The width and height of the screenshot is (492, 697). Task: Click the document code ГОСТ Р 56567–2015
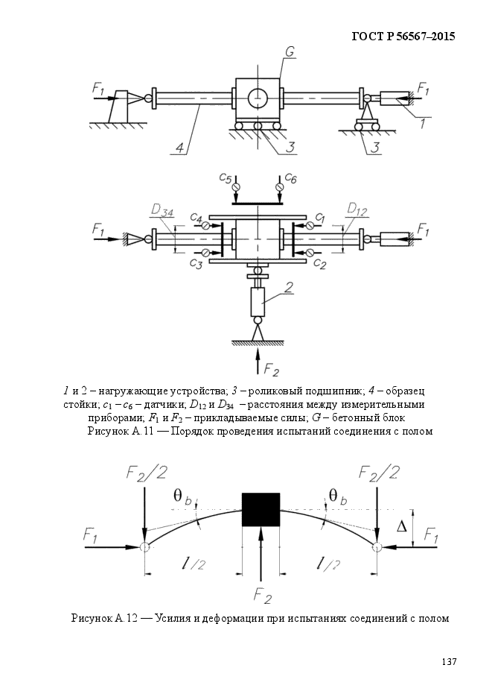(403, 36)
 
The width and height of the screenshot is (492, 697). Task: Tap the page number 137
(449, 662)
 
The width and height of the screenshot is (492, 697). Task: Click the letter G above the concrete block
(290, 52)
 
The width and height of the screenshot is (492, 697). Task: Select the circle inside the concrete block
(258, 98)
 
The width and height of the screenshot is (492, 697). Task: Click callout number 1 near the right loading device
(423, 123)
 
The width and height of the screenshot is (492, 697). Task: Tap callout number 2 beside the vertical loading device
(288, 287)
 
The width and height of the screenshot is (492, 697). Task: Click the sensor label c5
(226, 178)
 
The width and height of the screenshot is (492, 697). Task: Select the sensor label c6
(290, 178)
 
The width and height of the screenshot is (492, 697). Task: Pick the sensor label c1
(320, 218)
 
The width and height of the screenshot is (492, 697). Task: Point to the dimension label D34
(162, 209)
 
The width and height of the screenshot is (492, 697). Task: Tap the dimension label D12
(357, 209)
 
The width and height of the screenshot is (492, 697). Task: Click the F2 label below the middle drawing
(271, 368)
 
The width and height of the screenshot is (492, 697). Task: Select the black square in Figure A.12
(261, 509)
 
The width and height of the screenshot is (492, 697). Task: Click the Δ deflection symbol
(401, 527)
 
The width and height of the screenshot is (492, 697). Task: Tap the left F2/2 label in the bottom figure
(147, 473)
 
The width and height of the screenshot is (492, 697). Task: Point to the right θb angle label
(338, 496)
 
